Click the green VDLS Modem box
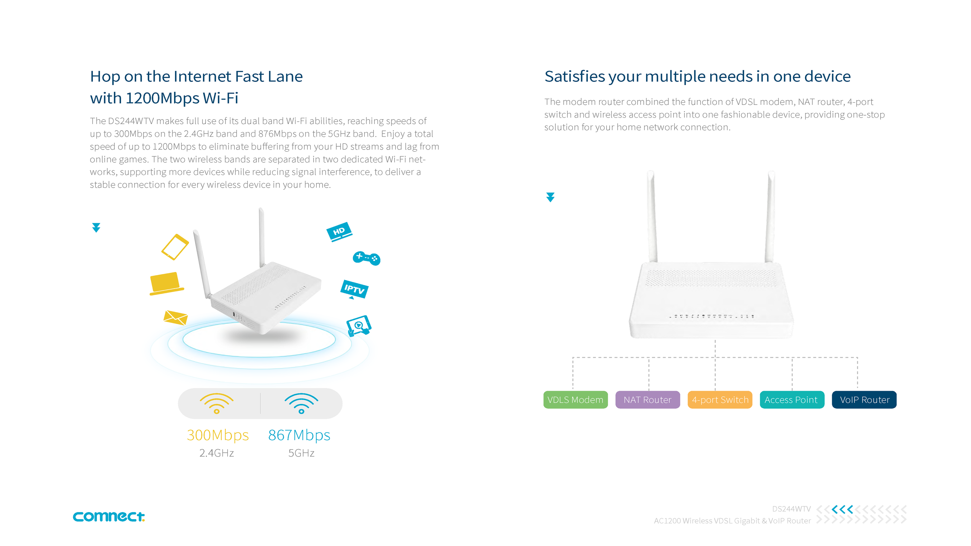click(x=575, y=399)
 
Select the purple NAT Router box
click(x=648, y=399)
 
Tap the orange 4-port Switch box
click(x=720, y=399)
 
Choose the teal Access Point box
click(x=792, y=399)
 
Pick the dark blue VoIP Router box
click(x=864, y=399)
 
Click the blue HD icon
click(x=339, y=232)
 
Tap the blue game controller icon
click(x=366, y=258)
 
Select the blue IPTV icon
click(x=354, y=289)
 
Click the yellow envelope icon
click(x=175, y=318)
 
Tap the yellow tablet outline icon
click(x=175, y=247)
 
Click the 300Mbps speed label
click(x=218, y=435)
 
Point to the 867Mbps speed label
click(x=299, y=435)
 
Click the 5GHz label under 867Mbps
click(x=301, y=453)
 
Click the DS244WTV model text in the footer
click(x=791, y=509)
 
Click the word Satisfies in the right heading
click(x=573, y=76)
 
